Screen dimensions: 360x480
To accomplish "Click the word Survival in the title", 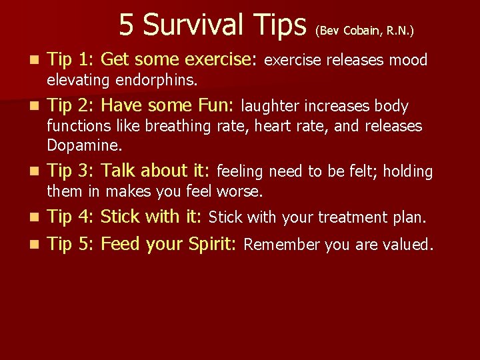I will [197, 25].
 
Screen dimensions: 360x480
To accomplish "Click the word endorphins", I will [157, 81].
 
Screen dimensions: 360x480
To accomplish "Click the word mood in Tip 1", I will [408, 61].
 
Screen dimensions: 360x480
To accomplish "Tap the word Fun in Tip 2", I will [214, 105].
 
